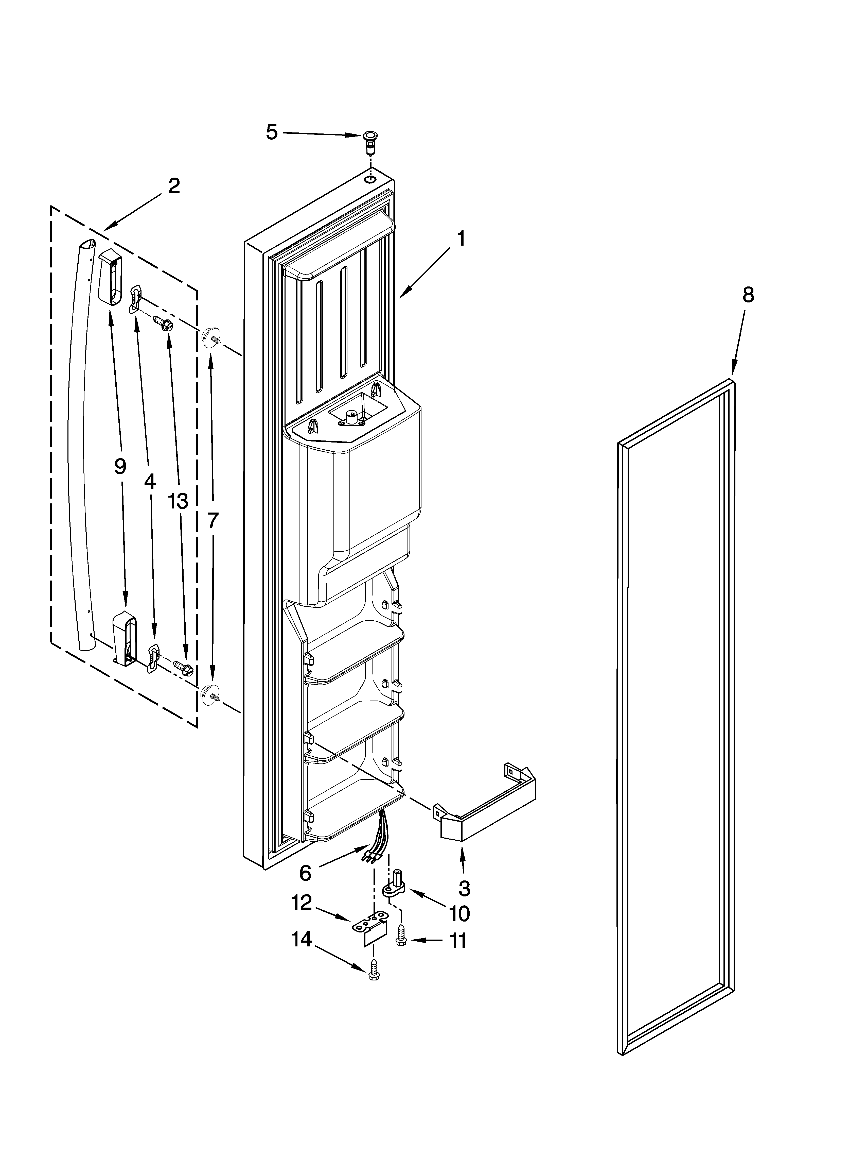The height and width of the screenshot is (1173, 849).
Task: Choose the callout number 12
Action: point(302,903)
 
